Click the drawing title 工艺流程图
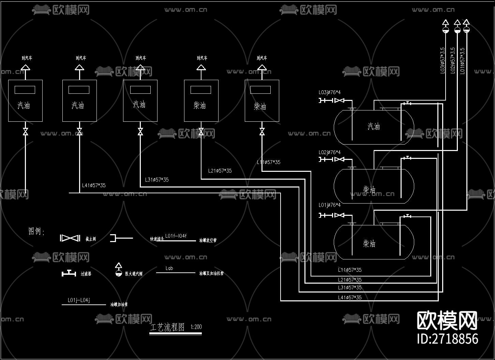point(167,328)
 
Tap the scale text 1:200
point(196,327)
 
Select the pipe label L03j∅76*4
point(329,92)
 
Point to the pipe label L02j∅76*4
point(329,152)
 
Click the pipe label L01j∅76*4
point(329,205)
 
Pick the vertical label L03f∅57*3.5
point(442,60)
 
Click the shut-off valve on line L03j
point(339,101)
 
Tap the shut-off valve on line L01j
point(339,215)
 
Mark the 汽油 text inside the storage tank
point(374,127)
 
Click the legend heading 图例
point(36,231)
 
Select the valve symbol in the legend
point(70,238)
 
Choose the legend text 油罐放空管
point(208,240)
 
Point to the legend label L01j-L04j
point(78,300)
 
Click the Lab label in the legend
point(169,268)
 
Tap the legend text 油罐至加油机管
point(211,273)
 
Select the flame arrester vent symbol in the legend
point(118,269)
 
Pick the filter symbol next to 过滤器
point(69,273)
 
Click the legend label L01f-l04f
point(176,236)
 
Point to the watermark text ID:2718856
point(447,339)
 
